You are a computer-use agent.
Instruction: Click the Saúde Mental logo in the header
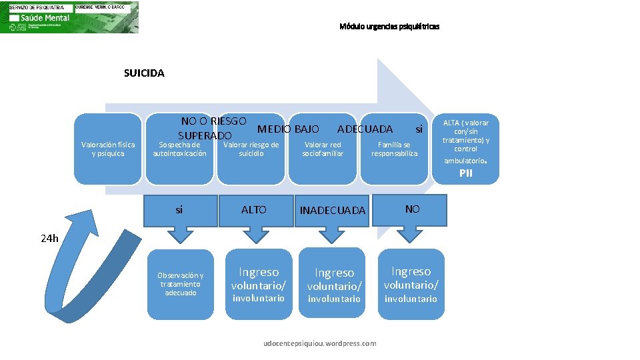click(69, 17)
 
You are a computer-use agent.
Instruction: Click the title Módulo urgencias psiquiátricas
click(389, 27)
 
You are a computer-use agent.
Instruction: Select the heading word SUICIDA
click(144, 73)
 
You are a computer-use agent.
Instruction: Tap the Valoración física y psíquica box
click(108, 149)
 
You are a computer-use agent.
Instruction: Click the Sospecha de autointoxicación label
click(179, 149)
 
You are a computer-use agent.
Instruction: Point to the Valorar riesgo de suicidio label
click(251, 149)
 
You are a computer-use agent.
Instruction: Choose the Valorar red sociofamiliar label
click(323, 149)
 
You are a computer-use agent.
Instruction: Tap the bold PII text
click(465, 173)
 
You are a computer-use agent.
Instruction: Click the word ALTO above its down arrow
click(253, 209)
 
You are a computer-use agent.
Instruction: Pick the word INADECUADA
click(333, 211)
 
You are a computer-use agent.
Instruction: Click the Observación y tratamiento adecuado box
click(181, 283)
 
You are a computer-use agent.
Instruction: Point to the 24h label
click(50, 238)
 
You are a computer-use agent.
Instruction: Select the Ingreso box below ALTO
click(259, 284)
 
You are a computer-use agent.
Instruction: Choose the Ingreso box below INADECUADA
click(334, 285)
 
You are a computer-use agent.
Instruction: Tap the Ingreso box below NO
click(411, 284)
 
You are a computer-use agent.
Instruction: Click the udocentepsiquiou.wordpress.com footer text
click(320, 343)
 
